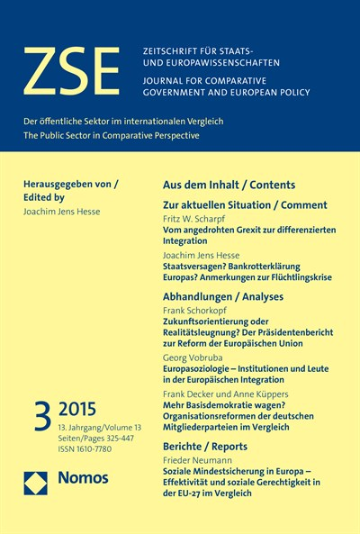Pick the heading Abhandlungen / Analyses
coord(222,296)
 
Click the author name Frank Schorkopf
coord(196,309)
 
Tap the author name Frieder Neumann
coord(198,457)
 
